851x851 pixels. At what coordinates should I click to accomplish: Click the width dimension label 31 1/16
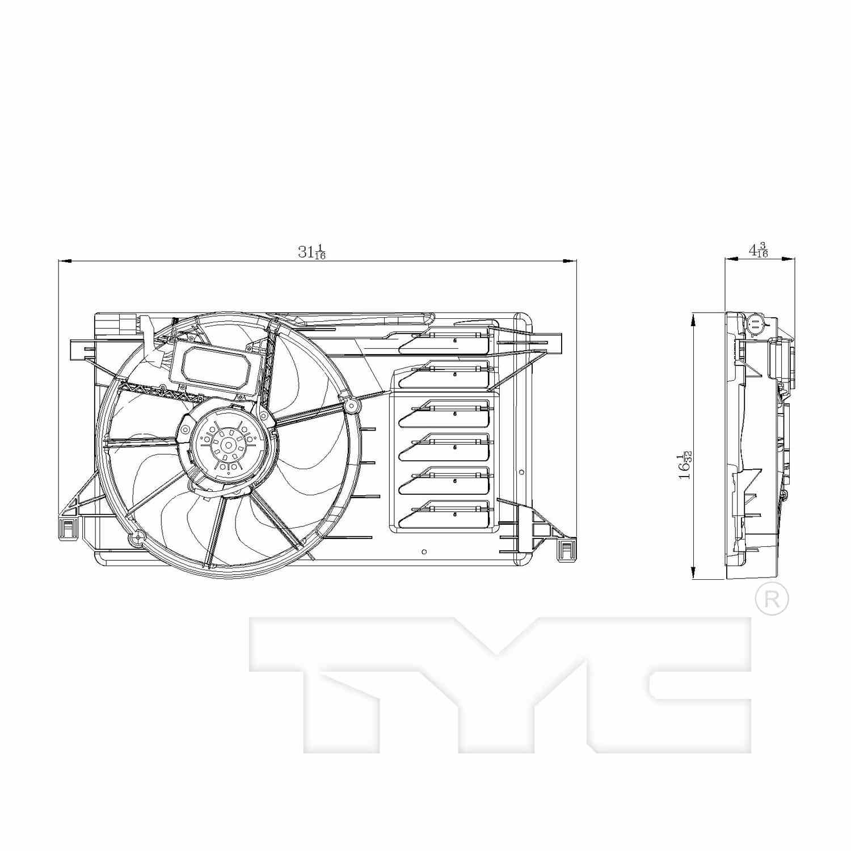[311, 252]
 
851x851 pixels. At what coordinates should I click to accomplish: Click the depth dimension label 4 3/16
[759, 250]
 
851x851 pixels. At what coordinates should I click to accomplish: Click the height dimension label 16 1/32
[685, 465]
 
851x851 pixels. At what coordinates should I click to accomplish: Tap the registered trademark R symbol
[772, 599]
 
